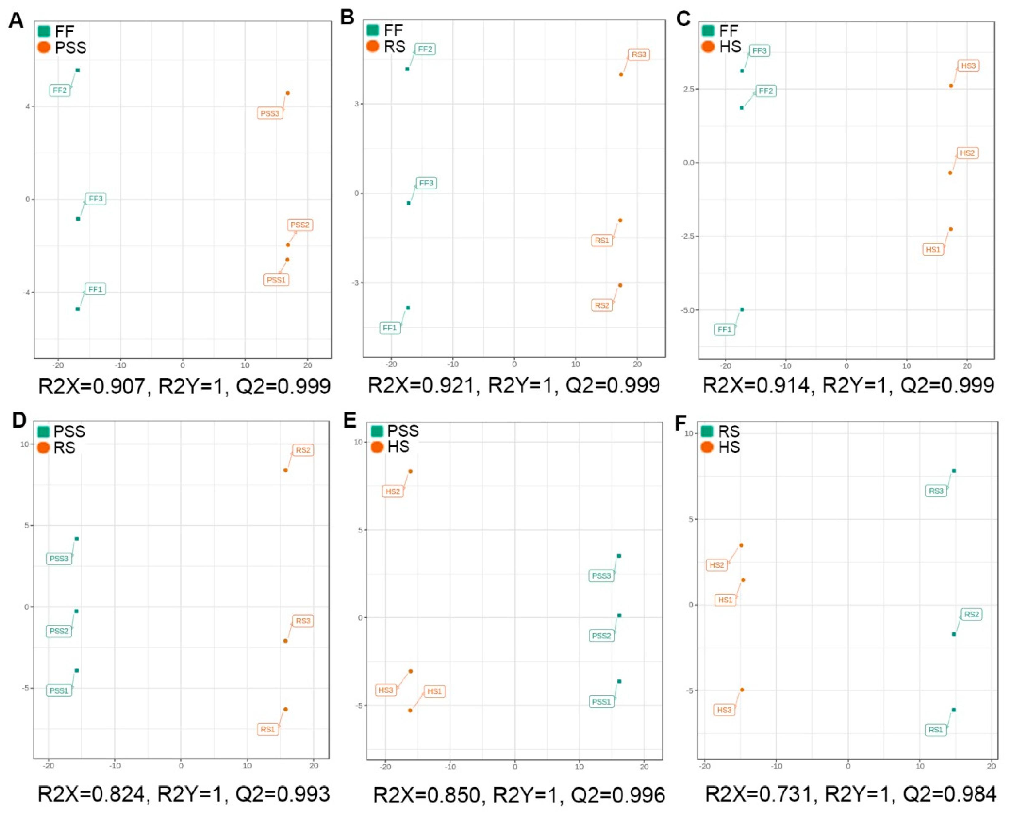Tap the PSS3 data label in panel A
point(270,114)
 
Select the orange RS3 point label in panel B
point(639,55)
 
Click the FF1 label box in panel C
point(724,330)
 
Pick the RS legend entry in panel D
point(64,448)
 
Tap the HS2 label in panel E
point(393,492)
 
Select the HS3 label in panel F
point(724,710)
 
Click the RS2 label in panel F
point(972,614)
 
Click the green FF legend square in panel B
point(373,30)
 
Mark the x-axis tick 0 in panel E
point(514,767)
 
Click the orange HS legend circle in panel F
point(707,448)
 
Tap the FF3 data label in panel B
point(426,183)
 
